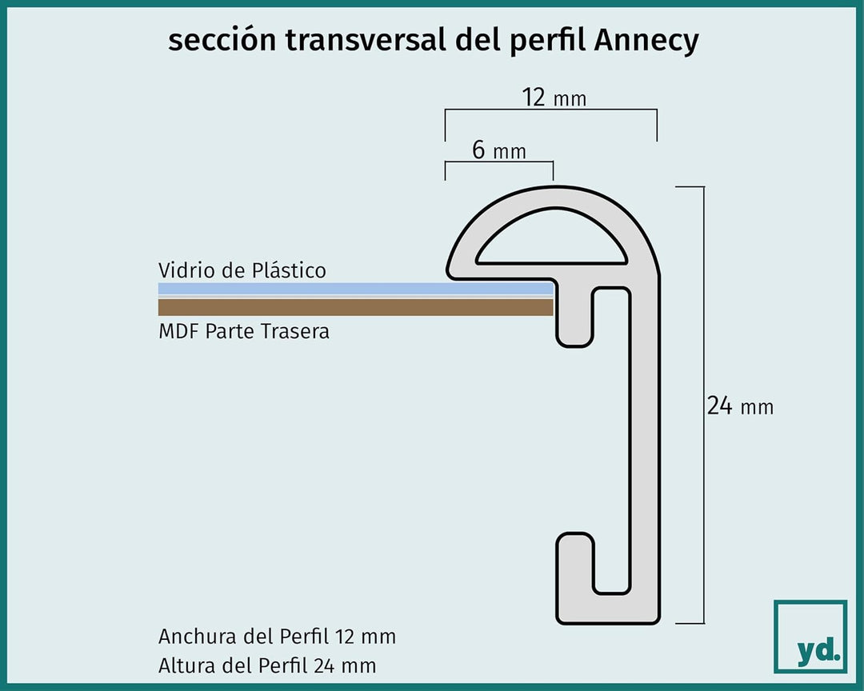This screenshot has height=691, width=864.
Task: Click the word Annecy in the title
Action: point(646,41)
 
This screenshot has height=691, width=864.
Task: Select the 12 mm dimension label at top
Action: point(554,98)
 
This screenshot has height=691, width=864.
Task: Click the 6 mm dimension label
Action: point(498,150)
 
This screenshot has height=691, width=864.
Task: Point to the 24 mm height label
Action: point(740,406)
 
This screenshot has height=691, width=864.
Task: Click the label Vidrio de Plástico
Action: point(242,270)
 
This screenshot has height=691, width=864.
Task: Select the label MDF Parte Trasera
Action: point(243,331)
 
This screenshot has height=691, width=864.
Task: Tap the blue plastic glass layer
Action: point(355,289)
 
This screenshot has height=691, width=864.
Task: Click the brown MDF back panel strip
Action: point(355,307)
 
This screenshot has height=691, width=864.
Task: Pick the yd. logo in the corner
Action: point(810,637)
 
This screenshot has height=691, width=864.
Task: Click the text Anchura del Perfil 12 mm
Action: point(277,637)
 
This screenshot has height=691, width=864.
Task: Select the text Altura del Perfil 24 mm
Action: point(267,665)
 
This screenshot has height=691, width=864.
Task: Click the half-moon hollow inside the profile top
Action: point(551,237)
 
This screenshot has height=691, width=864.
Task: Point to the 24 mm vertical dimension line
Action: point(703,405)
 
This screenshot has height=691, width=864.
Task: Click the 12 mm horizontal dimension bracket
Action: point(551,110)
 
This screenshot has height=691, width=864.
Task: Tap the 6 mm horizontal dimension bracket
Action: point(499,162)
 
